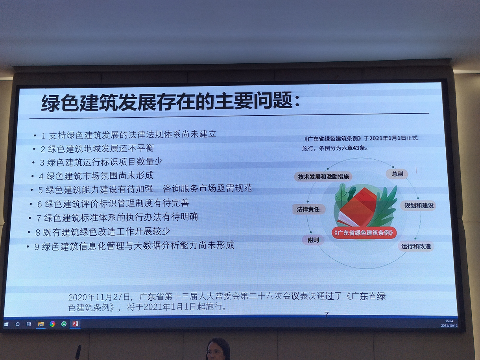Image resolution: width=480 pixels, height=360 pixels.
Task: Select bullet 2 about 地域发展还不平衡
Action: (x=97, y=148)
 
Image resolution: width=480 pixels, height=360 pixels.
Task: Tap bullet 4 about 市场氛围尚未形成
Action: (x=96, y=175)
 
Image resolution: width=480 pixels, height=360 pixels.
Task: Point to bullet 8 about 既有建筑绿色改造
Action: (x=103, y=232)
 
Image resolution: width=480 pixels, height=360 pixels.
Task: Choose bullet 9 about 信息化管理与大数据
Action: (x=134, y=246)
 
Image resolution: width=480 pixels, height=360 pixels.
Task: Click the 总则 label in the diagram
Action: (x=397, y=174)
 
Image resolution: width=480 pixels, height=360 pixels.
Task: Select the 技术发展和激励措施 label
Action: (x=323, y=177)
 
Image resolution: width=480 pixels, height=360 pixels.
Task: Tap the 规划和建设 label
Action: (x=419, y=205)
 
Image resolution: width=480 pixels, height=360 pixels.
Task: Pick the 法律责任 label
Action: (x=308, y=209)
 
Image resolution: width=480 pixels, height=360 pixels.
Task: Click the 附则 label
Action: (x=313, y=240)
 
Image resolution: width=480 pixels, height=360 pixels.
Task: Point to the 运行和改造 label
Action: (x=416, y=246)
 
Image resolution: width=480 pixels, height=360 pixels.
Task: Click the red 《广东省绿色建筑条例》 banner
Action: (x=364, y=233)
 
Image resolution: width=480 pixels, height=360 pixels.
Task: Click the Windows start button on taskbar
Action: (x=6, y=324)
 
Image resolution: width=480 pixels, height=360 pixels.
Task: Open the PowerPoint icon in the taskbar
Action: (x=75, y=324)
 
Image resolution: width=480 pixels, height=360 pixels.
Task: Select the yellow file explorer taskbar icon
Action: (x=41, y=324)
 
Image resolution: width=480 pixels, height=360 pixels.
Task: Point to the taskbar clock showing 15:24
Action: (x=449, y=321)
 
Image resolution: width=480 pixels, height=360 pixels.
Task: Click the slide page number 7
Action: (x=327, y=314)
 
